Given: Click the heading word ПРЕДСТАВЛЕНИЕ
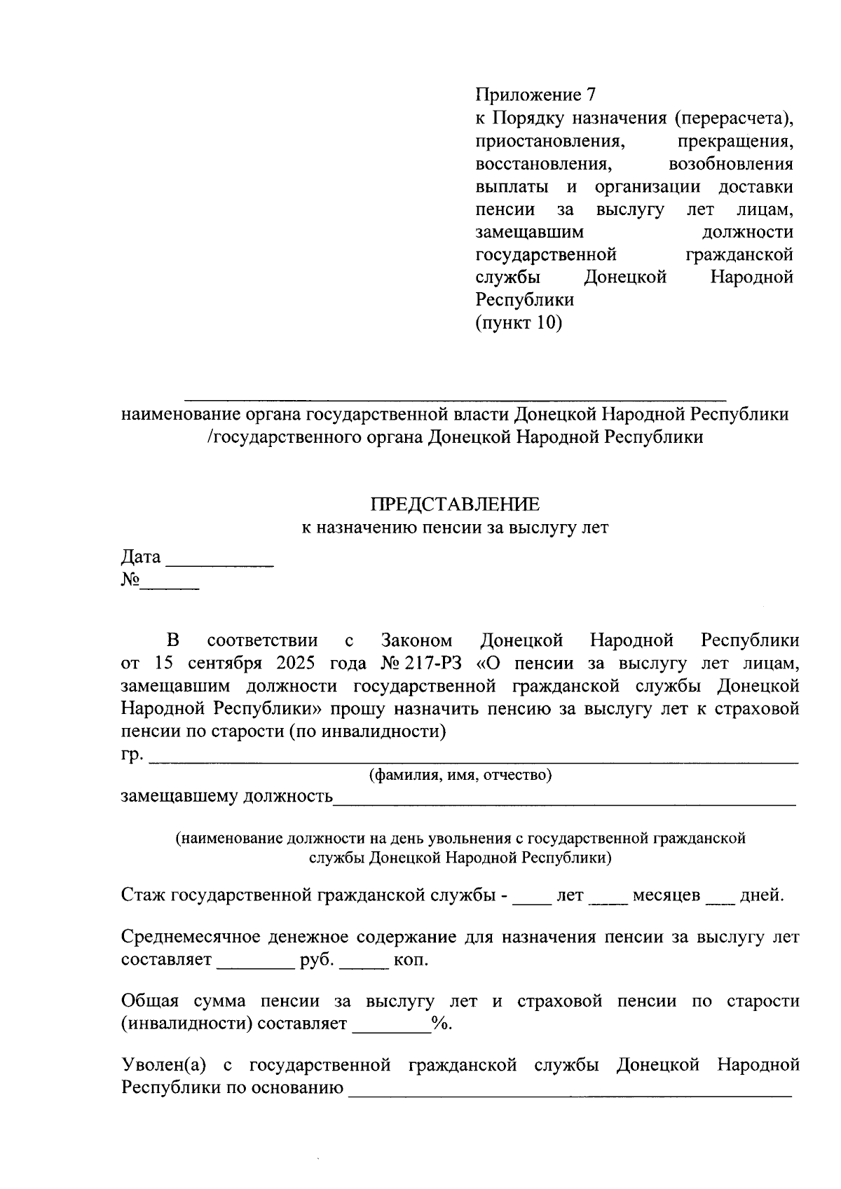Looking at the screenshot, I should [x=455, y=504].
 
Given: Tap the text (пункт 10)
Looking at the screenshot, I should [x=519, y=323].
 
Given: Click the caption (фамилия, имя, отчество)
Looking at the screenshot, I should [x=460, y=776].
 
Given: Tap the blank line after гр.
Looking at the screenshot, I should [x=474, y=760].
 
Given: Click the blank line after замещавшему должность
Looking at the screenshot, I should [x=564, y=804].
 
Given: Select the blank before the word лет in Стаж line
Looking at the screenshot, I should [x=532, y=903].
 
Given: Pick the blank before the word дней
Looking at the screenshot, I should [x=720, y=903].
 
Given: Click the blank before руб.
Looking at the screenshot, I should [x=255, y=968].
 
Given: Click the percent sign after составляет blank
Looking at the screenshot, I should [x=439, y=1024].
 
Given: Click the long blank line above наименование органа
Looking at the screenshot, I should [x=455, y=398].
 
